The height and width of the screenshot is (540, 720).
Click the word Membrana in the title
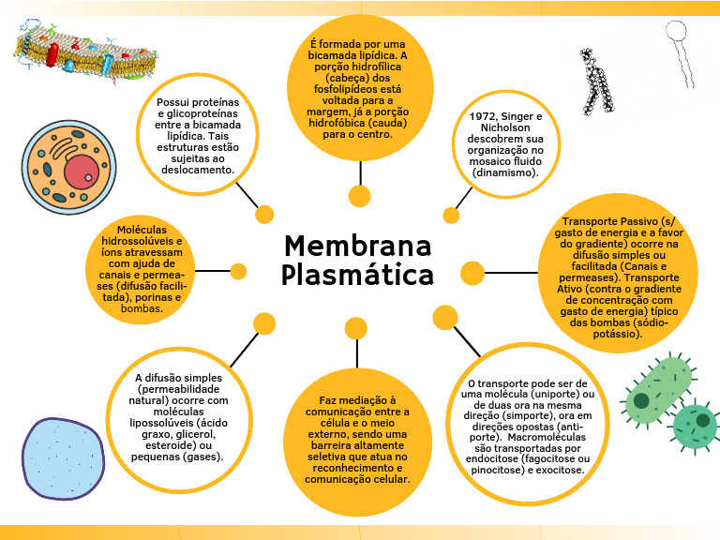click(358, 246)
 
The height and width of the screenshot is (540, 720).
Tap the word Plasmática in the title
click(358, 275)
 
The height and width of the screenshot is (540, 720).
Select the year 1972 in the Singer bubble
click(483, 116)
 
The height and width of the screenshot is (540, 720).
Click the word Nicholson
click(505, 127)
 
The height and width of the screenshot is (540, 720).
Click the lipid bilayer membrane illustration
click(86, 52)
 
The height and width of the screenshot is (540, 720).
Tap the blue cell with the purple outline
click(64, 458)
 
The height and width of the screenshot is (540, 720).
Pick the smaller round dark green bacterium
click(695, 427)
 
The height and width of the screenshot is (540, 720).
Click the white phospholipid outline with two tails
click(679, 51)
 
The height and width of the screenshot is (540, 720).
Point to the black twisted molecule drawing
click(596, 82)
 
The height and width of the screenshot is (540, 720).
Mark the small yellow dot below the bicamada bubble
click(360, 197)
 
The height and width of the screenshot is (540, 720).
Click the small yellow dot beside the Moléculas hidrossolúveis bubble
click(238, 271)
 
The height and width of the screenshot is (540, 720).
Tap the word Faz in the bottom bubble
click(327, 400)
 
